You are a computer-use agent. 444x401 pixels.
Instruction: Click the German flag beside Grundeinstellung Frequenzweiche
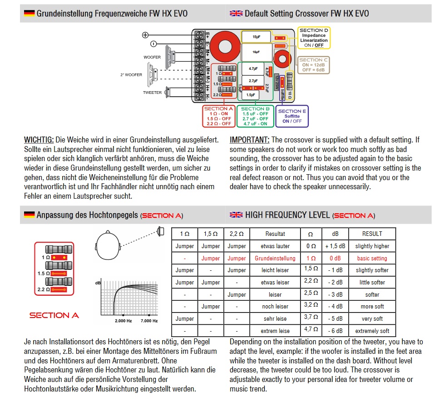tap(29, 13)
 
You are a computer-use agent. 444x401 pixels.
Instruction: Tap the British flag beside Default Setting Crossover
tap(236, 13)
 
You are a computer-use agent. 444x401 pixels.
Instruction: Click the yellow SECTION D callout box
tap(314, 38)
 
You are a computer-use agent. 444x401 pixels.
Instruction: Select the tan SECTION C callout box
tap(314, 65)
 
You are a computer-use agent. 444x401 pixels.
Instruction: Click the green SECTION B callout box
tap(255, 116)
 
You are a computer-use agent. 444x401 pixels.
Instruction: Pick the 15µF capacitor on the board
tap(256, 36)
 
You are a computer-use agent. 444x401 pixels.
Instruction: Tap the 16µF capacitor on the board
tap(257, 52)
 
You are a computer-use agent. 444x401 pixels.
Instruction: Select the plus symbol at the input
tap(145, 35)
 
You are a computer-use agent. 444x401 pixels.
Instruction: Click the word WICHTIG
tap(39, 140)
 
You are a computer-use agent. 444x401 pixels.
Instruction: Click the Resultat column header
tap(275, 234)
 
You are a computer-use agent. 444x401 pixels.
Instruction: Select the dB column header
tap(335, 234)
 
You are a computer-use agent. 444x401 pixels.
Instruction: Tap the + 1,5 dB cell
tap(335, 246)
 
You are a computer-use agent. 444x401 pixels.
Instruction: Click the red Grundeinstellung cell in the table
tap(275, 258)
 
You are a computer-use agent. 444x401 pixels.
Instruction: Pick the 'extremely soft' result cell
tap(372, 331)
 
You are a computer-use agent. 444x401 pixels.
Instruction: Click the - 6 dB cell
tap(335, 331)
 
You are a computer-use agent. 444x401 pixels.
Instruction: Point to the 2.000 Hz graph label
tap(123, 321)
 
